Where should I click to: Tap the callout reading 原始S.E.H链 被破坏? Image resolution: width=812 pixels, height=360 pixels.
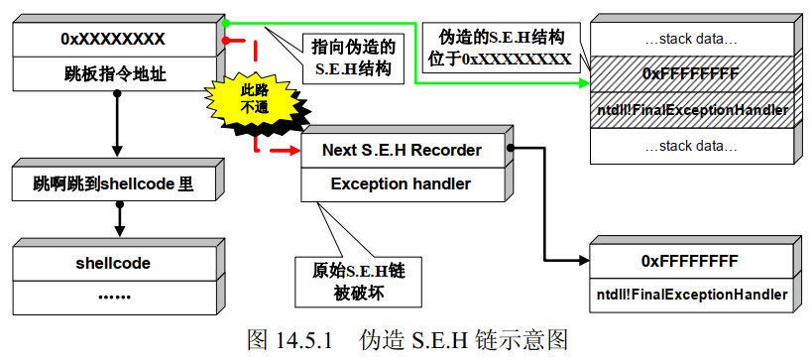tap(353, 281)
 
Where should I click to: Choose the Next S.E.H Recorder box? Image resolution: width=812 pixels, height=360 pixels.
tap(401, 151)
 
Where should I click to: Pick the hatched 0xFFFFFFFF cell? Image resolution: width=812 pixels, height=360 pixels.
tap(690, 73)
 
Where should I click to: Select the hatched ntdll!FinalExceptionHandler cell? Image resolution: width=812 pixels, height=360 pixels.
tap(692, 109)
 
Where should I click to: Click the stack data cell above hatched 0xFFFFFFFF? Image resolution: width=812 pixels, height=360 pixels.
tap(690, 41)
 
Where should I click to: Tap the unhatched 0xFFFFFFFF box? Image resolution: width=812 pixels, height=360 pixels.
tap(690, 262)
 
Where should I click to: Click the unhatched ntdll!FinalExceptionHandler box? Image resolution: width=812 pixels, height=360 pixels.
tap(692, 295)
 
